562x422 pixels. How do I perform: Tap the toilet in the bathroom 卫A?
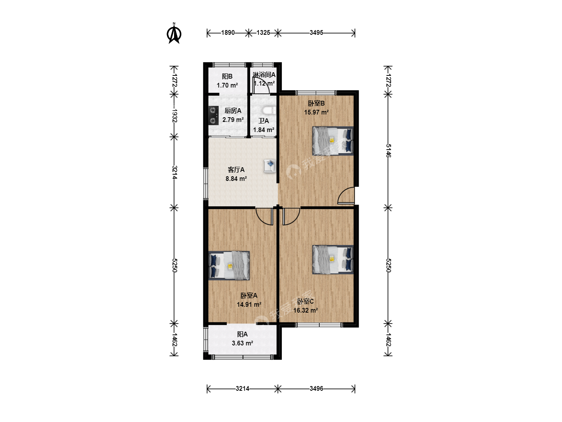[269, 111]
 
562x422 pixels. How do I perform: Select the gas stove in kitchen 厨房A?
[213, 116]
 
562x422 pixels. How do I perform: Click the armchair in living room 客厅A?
[270, 166]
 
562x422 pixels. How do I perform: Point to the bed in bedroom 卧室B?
[333, 141]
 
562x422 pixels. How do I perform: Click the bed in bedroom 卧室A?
[229, 266]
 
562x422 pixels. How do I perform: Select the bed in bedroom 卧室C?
[333, 259]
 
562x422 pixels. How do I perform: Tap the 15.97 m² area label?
[316, 112]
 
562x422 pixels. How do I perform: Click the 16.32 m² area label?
[306, 310]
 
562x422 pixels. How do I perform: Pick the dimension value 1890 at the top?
[228, 33]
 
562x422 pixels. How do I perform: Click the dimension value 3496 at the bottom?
[316, 389]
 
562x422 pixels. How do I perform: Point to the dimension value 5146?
[388, 151]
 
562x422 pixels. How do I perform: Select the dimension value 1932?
[174, 116]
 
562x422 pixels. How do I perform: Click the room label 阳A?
[242, 334]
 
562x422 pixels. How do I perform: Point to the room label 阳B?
[227, 76]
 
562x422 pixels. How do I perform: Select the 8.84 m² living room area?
[236, 179]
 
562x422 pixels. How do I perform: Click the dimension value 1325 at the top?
[263, 33]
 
